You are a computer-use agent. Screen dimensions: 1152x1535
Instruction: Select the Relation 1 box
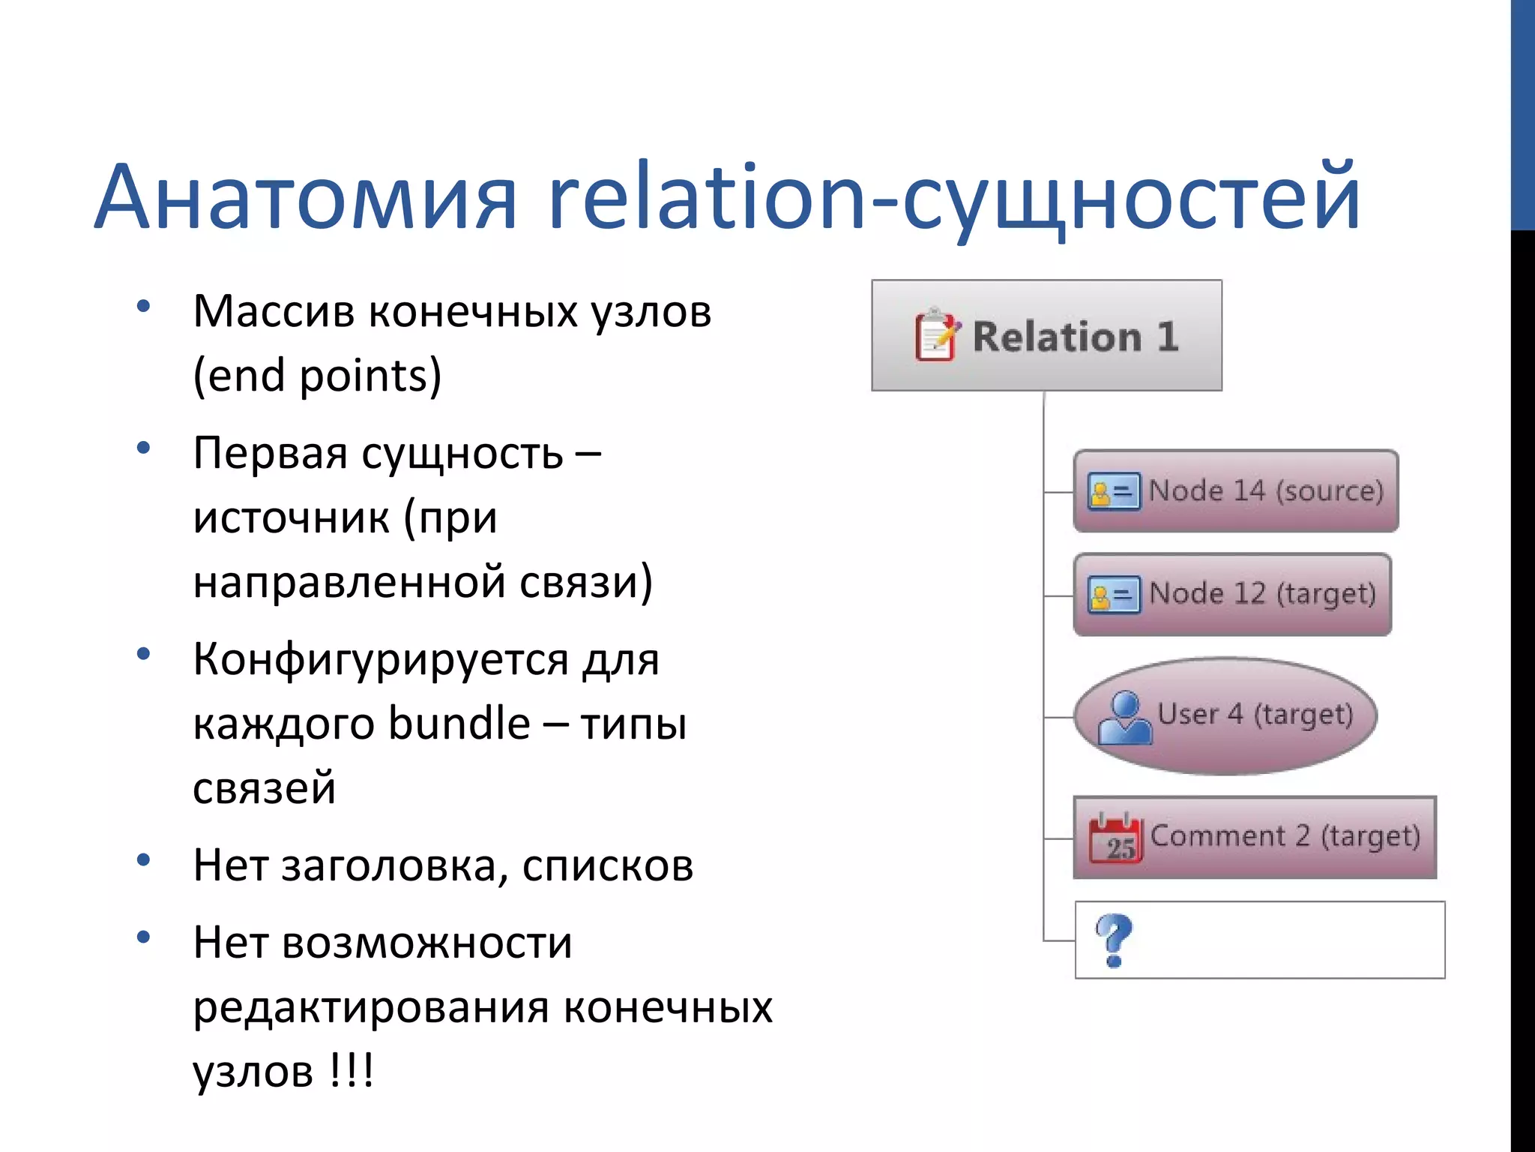tap(1046, 335)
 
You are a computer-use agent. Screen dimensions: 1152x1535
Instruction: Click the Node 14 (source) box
tap(1235, 491)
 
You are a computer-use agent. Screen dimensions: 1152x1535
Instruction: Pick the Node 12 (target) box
tap(1232, 595)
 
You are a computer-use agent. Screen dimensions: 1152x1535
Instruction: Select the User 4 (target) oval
tap(1225, 715)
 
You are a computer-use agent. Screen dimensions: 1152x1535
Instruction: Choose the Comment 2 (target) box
tap(1255, 837)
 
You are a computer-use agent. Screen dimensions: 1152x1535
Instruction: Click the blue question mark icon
tap(1114, 940)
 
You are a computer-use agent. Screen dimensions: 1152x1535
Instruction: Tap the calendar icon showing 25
tap(1115, 838)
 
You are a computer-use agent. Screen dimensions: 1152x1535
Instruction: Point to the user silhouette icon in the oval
tap(1124, 718)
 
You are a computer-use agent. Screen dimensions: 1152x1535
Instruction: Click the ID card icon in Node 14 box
tap(1114, 492)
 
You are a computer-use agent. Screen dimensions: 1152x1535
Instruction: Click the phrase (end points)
tap(317, 376)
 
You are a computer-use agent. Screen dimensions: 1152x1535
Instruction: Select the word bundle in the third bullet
tap(459, 724)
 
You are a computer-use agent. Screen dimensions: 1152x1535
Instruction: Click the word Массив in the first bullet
tap(274, 312)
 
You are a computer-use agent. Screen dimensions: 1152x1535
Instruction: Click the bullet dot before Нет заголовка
tap(144, 860)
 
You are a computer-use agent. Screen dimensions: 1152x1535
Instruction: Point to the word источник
tap(291, 518)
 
